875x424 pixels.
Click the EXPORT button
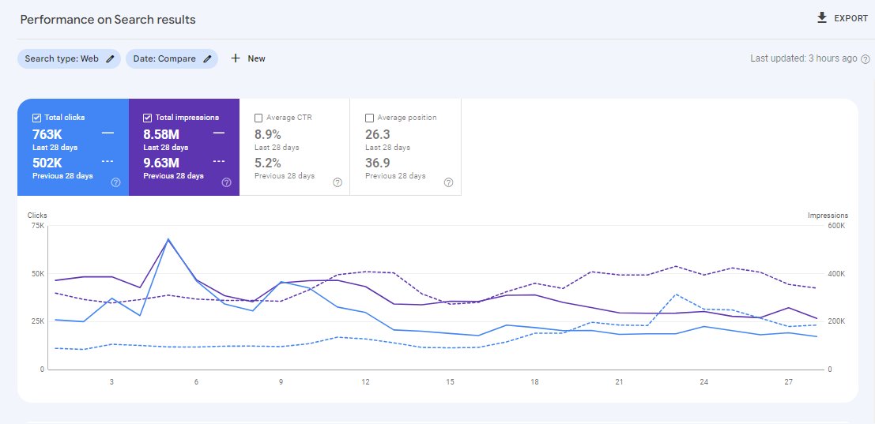click(x=842, y=18)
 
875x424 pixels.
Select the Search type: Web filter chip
click(x=69, y=58)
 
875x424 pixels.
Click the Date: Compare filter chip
click(x=172, y=58)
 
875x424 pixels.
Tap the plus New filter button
click(x=247, y=58)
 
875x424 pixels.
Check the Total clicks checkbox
click(x=37, y=118)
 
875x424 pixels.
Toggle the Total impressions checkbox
click(x=148, y=118)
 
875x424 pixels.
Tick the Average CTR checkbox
click(x=259, y=118)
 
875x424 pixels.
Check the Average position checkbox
click(x=370, y=118)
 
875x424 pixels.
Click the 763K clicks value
click(x=47, y=134)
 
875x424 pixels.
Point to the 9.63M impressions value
click(x=161, y=163)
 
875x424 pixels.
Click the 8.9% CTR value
click(x=268, y=134)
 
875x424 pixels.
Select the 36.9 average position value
click(x=378, y=163)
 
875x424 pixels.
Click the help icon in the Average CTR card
click(x=338, y=182)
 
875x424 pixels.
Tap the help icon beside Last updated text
click(x=865, y=58)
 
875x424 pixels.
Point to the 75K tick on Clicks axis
click(x=36, y=226)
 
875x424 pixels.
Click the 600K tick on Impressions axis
click(x=837, y=226)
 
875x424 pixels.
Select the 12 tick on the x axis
click(x=365, y=382)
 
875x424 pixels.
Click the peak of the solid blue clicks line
click(x=168, y=239)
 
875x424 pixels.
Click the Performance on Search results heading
click(x=108, y=19)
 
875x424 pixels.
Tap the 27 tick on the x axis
click(x=788, y=382)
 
